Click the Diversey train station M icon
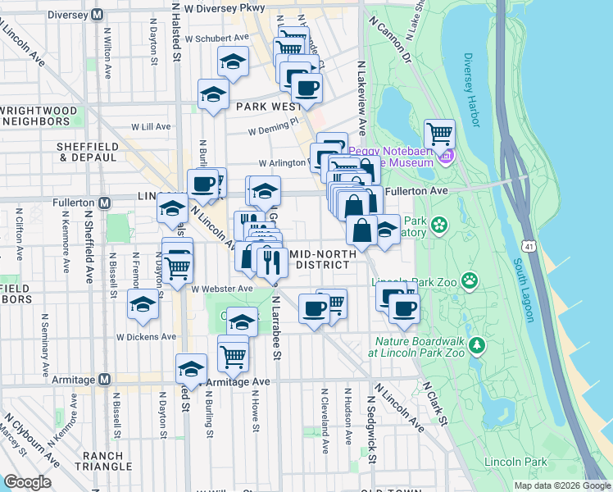tap(98, 14)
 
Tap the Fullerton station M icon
tap(104, 203)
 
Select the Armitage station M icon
tap(104, 379)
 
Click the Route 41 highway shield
tap(526, 243)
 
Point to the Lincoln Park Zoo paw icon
tap(470, 282)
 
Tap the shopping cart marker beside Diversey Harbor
tap(439, 133)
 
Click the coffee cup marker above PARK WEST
tap(306, 88)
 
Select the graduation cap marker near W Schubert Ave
tap(234, 61)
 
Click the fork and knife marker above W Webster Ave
tap(269, 261)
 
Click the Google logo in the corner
tap(27, 482)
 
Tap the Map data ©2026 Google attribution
tap(562, 485)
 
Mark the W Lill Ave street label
tap(151, 126)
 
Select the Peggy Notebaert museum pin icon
tap(446, 155)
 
